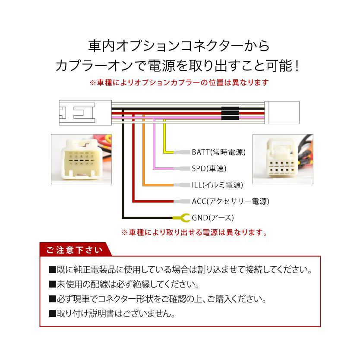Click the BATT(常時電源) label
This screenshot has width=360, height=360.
pyautogui.click(x=218, y=152)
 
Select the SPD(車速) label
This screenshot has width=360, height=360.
pyautogui.click(x=209, y=168)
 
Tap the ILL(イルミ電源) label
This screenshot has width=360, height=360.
pyautogui.click(x=218, y=185)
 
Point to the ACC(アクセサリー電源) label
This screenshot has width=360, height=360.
pyautogui.click(x=231, y=201)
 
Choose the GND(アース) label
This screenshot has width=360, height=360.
pyautogui.click(x=213, y=218)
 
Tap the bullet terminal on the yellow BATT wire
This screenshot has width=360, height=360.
pyautogui.click(x=182, y=152)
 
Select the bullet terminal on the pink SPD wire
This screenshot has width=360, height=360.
pyautogui.click(x=182, y=168)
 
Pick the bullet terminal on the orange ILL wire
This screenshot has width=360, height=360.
pyautogui.click(x=182, y=185)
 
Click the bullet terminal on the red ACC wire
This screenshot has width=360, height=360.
pyautogui.click(x=182, y=201)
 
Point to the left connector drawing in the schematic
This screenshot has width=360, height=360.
pyautogui.click(x=85, y=113)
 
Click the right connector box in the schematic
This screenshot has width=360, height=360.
pyautogui.click(x=282, y=113)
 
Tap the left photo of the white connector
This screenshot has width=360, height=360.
pyautogui.click(x=81, y=159)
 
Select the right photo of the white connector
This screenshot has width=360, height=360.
pyautogui.click(x=283, y=159)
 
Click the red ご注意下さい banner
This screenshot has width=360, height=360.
pyautogui.click(x=75, y=249)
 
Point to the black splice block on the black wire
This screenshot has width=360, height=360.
pyautogui.click(x=230, y=109)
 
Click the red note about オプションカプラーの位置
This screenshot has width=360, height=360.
pyautogui.click(x=179, y=82)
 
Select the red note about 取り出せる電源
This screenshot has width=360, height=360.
pyautogui.click(x=194, y=232)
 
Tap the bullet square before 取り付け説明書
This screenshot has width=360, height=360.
pyautogui.click(x=52, y=314)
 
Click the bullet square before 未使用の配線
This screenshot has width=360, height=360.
pyautogui.click(x=52, y=284)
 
